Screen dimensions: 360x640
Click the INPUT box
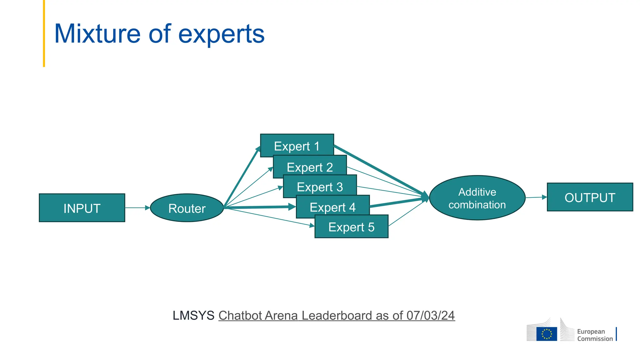coord(82,208)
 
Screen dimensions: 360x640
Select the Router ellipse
coord(187,208)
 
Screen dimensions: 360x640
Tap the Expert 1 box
coord(297,146)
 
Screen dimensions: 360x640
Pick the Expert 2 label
coord(310,167)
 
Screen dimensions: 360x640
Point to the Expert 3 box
coord(320,187)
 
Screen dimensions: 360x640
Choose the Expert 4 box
coord(332,207)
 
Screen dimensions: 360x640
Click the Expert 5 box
coord(351,227)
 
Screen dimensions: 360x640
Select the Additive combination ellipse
coord(477,198)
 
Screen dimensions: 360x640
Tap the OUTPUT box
coord(590,197)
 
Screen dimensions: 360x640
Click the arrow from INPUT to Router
coord(137,207)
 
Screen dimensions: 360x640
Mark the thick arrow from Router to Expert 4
coord(259,207)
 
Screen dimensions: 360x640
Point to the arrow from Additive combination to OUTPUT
coord(536,197)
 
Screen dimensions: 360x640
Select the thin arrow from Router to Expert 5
coord(269,217)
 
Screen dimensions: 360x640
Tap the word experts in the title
coord(221,34)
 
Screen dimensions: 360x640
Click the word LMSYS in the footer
coord(193,315)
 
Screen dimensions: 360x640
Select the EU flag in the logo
coord(547,333)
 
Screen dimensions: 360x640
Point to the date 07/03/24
coord(430,315)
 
